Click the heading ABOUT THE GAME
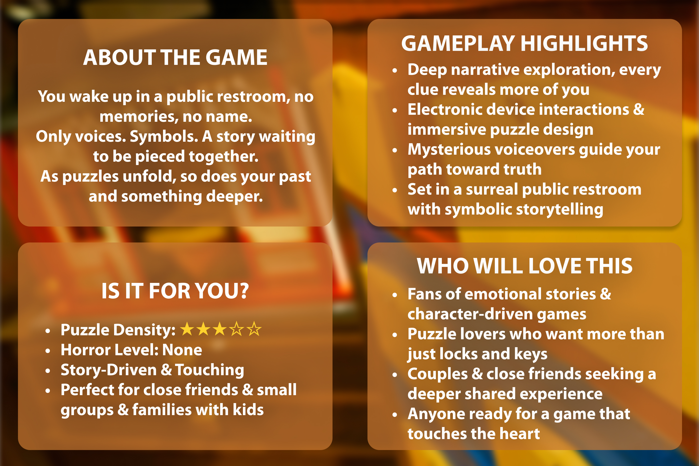click(x=175, y=57)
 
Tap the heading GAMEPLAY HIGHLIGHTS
click(x=524, y=44)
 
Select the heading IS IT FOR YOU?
click(x=175, y=291)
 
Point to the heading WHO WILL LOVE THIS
click(x=524, y=266)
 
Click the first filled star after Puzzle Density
click(x=187, y=329)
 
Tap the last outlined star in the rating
click(x=254, y=329)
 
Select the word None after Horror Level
click(x=182, y=350)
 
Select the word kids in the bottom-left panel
click(x=248, y=410)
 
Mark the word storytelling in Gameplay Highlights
click(x=560, y=210)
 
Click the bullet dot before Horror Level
click(x=48, y=351)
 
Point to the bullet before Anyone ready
click(x=395, y=415)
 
